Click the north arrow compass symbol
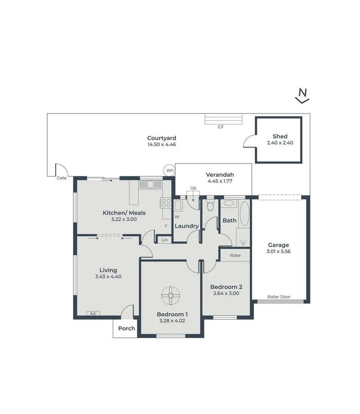(302, 96)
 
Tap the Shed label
(280, 136)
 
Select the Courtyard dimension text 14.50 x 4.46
(162, 145)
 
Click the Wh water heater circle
(169, 170)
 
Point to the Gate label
(62, 178)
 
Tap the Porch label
(126, 328)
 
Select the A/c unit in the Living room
(93, 313)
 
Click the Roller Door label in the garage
(279, 297)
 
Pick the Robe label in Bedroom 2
(235, 255)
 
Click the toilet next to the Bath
(210, 206)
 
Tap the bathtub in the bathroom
(244, 213)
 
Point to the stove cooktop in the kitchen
(165, 202)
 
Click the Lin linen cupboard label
(165, 240)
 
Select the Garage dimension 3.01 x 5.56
(279, 252)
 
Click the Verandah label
(220, 174)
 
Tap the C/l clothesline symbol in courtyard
(224, 120)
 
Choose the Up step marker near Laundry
(193, 188)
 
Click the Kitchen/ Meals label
(124, 213)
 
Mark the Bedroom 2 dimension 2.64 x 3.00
(226, 293)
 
